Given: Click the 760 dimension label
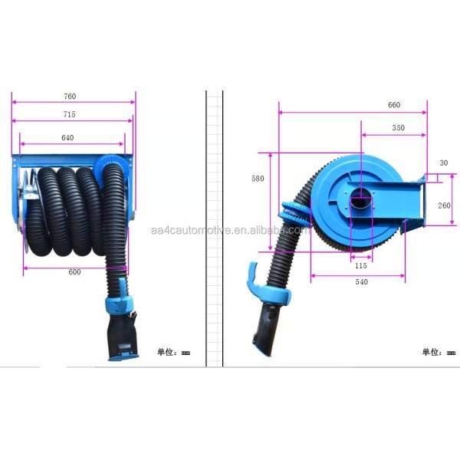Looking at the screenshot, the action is pos(70,97).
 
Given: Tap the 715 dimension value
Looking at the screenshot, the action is pos(70,114).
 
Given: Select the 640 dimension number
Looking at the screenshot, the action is pos(67,138).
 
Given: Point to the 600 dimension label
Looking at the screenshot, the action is pos(74,272).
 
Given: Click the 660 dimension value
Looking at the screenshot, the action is pos(394,105).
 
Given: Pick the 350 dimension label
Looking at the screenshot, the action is pos(399,127).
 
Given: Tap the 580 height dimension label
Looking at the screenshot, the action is pos(258,179).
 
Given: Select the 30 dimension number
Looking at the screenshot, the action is pos(444,163).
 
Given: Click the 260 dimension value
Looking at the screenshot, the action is pos(444,205).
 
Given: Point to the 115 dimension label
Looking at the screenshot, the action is pos(361,265).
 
